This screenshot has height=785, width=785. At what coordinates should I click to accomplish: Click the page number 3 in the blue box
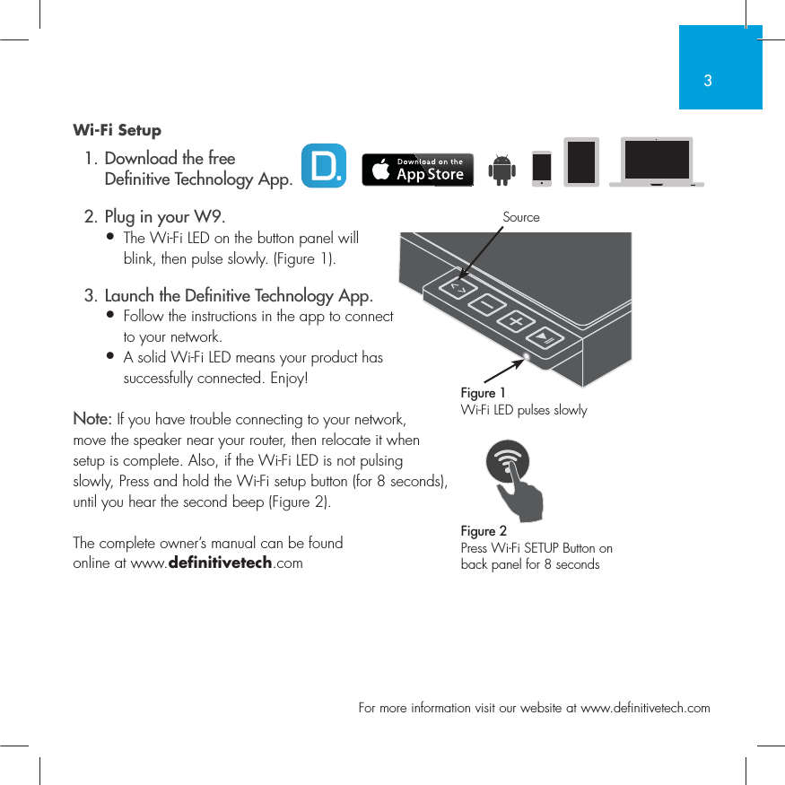click(708, 81)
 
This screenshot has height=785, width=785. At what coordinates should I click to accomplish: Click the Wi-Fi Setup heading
click(117, 131)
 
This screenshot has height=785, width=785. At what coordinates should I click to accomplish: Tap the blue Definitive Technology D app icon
click(323, 166)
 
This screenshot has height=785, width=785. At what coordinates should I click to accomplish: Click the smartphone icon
click(542, 169)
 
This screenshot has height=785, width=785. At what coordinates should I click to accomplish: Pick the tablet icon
click(580, 162)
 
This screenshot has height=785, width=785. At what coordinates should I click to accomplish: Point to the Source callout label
click(521, 217)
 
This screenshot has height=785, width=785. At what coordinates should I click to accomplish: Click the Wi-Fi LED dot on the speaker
click(527, 357)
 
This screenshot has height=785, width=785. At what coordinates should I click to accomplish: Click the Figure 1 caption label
click(483, 393)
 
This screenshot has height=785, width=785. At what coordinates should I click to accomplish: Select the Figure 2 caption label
click(484, 531)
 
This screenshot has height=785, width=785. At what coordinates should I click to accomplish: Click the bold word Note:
click(92, 420)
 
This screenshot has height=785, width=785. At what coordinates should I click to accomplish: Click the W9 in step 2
click(208, 217)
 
